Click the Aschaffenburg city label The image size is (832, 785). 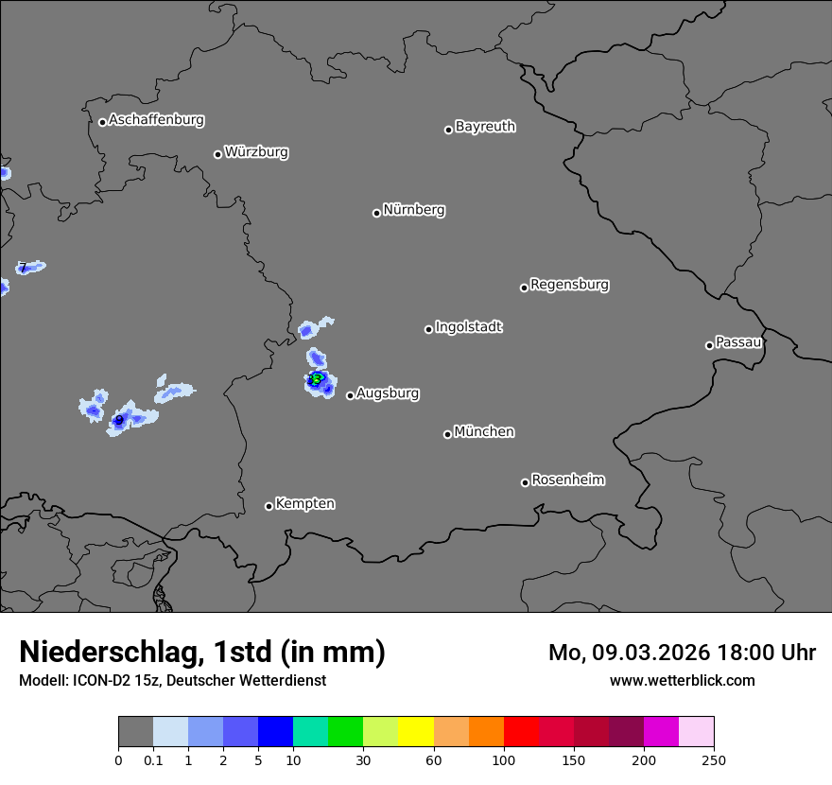[156, 120]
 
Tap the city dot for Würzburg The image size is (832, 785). [217, 154]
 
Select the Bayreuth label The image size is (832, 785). [485, 126]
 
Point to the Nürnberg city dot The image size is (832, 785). [376, 213]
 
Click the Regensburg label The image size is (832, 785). [569, 284]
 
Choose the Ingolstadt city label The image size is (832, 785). [468, 327]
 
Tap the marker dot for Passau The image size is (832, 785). [709, 345]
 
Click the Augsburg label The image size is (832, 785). [388, 392]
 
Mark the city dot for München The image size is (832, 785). [447, 434]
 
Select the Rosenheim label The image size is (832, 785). [567, 480]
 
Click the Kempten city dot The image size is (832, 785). [269, 506]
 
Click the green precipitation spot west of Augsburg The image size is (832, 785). [317, 379]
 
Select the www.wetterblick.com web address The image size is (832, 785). [682, 680]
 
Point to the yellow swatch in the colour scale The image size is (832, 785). [416, 732]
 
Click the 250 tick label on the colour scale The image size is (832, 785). [714, 760]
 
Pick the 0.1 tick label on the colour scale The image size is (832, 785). [153, 760]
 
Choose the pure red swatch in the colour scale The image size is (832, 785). [521, 732]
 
